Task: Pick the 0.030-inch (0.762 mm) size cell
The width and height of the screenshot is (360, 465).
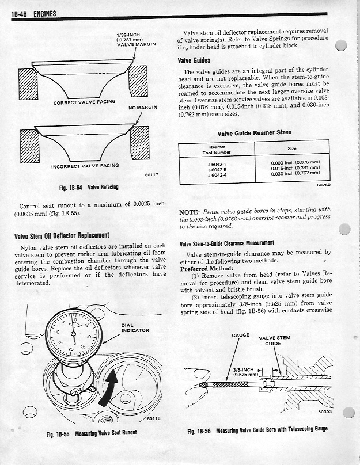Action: [295, 173]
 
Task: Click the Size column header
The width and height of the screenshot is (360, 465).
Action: [291, 148]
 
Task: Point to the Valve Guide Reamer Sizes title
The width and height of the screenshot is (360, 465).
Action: [254, 132]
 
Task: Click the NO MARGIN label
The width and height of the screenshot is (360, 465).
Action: [143, 107]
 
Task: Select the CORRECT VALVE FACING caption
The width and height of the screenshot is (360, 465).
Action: [84, 102]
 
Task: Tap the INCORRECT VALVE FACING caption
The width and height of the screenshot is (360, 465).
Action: [85, 166]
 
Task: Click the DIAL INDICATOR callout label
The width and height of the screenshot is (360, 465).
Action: [135, 328]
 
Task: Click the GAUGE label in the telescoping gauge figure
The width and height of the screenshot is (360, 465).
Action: [240, 334]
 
